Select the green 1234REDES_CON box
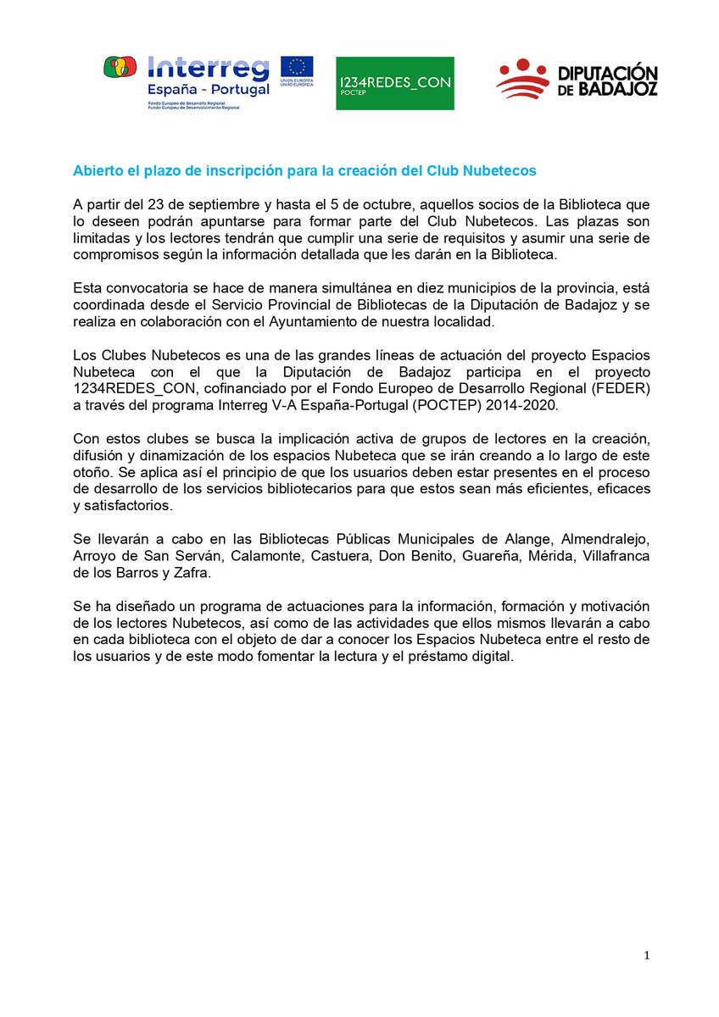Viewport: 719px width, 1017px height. click(x=394, y=83)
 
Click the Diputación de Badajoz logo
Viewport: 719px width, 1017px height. click(x=577, y=79)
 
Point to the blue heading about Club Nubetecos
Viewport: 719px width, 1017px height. click(x=305, y=170)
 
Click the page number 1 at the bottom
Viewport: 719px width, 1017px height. click(x=646, y=956)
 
